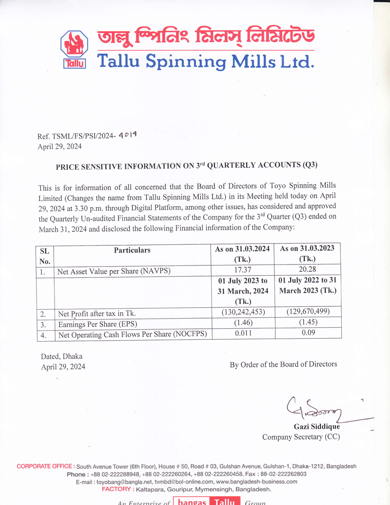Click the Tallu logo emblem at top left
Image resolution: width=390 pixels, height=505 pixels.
[x=74, y=48]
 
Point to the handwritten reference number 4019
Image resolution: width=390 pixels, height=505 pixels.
[x=128, y=137]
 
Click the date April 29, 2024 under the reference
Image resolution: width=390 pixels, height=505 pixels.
[x=60, y=146]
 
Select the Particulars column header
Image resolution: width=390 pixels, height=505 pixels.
[x=132, y=250]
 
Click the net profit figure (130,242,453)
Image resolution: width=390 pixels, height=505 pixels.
[x=242, y=312]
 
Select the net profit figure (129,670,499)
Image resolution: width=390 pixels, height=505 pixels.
[x=307, y=312]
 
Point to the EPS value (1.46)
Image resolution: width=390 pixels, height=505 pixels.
[x=242, y=323]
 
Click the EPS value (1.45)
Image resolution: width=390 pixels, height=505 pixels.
[x=307, y=323]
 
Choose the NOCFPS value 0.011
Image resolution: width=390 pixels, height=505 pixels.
[x=242, y=334]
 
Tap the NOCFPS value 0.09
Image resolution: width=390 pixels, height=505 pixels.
[x=307, y=334]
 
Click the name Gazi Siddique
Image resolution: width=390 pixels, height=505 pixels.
[x=316, y=426]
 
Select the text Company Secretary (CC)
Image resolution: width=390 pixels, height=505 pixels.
[x=301, y=437]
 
